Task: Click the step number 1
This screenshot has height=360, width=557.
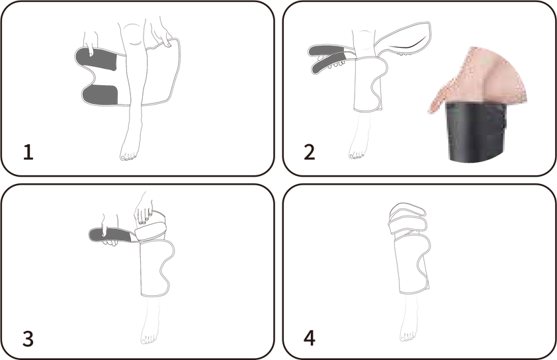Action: (28, 152)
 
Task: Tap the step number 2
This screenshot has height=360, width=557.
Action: (310, 152)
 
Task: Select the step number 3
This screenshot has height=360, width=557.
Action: (28, 338)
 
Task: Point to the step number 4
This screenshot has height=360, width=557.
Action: (310, 338)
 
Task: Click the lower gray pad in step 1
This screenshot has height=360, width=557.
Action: (100, 95)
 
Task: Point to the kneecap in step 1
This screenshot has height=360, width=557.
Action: (133, 34)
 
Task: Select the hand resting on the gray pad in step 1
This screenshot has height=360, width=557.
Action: (91, 42)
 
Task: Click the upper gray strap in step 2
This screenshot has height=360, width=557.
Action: (327, 51)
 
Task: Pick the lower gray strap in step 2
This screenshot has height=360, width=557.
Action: (329, 64)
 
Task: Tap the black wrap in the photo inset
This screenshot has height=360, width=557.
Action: (477, 132)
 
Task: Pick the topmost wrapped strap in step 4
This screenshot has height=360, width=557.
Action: (407, 210)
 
